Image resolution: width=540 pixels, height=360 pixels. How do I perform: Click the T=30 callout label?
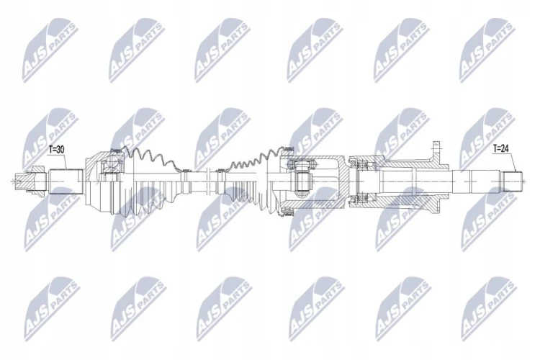57,150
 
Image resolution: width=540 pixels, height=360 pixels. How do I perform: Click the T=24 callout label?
501,148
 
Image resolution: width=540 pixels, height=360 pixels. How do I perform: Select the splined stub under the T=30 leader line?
66,181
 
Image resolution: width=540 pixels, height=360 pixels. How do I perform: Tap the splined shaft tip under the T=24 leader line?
513,181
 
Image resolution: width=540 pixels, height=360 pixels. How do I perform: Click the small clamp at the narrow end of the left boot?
187,171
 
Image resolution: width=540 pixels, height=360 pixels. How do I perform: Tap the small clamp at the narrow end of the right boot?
219,170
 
